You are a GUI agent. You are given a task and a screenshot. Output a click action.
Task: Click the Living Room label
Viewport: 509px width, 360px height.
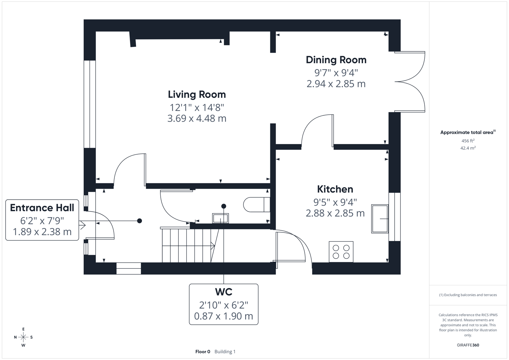point(197,95)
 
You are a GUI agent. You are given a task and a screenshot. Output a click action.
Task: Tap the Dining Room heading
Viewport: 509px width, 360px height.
point(336,60)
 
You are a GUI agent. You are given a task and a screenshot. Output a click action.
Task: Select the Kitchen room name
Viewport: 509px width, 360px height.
point(335,189)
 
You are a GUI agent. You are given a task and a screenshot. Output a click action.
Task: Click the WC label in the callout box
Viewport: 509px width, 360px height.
point(224,292)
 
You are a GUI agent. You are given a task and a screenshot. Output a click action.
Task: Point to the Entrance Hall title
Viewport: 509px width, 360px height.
point(42,208)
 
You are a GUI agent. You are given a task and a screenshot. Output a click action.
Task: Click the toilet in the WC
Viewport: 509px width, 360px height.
point(257,205)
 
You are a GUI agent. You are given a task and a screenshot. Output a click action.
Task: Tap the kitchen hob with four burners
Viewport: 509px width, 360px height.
point(341,252)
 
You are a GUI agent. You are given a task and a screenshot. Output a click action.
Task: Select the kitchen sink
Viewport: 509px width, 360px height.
point(380,219)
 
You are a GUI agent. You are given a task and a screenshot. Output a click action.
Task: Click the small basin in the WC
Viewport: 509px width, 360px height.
point(220,218)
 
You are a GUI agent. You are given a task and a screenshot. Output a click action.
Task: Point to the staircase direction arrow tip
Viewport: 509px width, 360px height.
point(215,246)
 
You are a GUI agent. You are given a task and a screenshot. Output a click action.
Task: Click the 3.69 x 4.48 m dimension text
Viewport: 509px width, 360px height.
point(197,118)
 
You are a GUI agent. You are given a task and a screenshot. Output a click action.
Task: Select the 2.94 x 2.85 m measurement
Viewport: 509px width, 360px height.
point(336,84)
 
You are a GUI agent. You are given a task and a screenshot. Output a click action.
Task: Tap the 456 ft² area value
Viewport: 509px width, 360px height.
point(468,141)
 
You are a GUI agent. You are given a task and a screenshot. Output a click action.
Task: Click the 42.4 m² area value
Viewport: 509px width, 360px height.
point(468,148)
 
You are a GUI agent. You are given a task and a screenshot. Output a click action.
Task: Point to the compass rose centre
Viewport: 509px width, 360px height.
point(23,337)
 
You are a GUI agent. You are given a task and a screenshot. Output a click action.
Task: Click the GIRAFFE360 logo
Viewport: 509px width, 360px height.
point(468,345)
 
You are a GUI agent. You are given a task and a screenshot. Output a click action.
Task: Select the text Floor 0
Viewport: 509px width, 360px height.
point(203,352)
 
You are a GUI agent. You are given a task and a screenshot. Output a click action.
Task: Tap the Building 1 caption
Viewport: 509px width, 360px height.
point(225,352)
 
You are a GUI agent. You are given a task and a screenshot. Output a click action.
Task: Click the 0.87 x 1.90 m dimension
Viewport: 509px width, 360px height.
point(224,316)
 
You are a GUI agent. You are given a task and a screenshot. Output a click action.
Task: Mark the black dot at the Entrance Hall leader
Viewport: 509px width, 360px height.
point(140,221)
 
